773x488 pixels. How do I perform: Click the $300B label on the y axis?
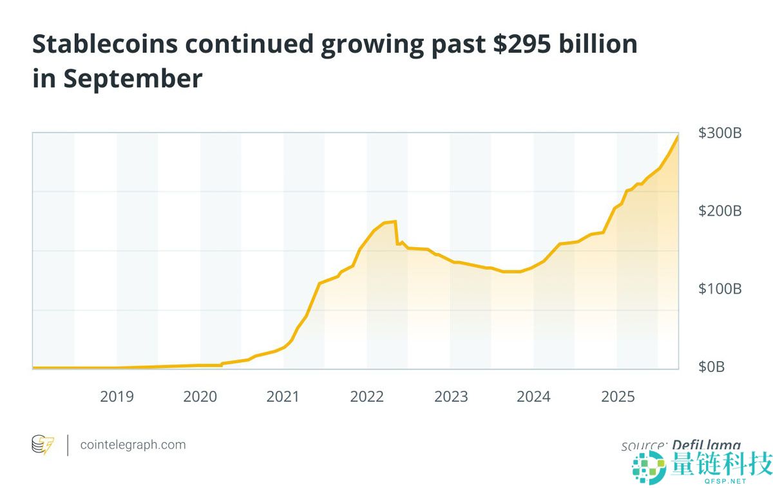click(x=720, y=133)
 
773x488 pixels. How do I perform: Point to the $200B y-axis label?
click(x=720, y=211)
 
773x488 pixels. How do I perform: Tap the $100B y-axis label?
click(x=720, y=289)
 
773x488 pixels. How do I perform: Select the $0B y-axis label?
click(x=712, y=367)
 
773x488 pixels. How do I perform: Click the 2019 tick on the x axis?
click(x=117, y=397)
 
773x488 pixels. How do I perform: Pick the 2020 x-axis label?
click(x=200, y=397)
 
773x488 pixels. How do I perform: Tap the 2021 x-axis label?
click(x=283, y=397)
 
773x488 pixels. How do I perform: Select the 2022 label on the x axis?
click(x=367, y=397)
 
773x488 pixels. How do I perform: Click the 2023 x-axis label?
click(x=451, y=397)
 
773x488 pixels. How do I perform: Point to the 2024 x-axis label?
click(x=534, y=397)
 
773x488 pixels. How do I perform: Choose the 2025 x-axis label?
click(x=618, y=397)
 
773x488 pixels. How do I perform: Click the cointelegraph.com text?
click(x=133, y=445)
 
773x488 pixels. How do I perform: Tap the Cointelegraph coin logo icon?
click(x=43, y=445)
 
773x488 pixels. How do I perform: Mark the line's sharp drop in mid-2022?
click(x=397, y=233)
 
